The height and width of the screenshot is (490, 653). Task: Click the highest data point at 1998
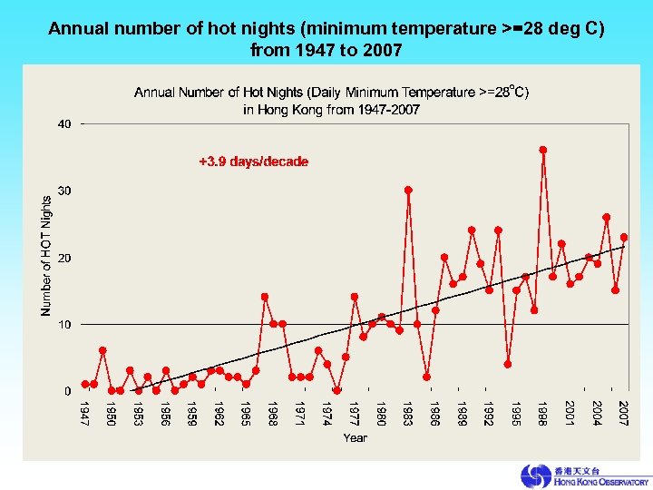(x=543, y=150)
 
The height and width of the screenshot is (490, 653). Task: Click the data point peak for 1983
(x=408, y=190)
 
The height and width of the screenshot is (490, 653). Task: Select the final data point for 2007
(x=624, y=237)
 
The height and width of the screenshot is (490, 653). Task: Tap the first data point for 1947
(x=84, y=384)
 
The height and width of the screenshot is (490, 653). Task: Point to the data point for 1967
(x=265, y=297)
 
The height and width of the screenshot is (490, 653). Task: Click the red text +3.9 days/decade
(x=253, y=162)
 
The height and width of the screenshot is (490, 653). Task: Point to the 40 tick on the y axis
(x=64, y=124)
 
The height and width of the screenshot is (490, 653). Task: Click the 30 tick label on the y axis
(x=64, y=191)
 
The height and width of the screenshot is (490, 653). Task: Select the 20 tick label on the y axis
(x=64, y=258)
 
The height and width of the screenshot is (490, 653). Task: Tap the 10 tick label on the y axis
(x=64, y=324)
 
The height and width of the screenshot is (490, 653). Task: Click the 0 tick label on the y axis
(x=67, y=391)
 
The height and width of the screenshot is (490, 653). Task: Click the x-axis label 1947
(x=84, y=414)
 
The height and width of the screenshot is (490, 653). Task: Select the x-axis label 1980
(x=381, y=414)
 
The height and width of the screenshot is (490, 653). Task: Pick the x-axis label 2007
(x=624, y=414)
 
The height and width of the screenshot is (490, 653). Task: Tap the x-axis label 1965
(x=246, y=414)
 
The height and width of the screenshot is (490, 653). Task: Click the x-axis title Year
(x=355, y=438)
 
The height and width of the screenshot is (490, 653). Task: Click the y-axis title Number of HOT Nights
(x=46, y=257)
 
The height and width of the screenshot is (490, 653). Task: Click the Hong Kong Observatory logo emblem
(x=535, y=475)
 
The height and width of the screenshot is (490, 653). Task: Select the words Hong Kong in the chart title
(x=286, y=110)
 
